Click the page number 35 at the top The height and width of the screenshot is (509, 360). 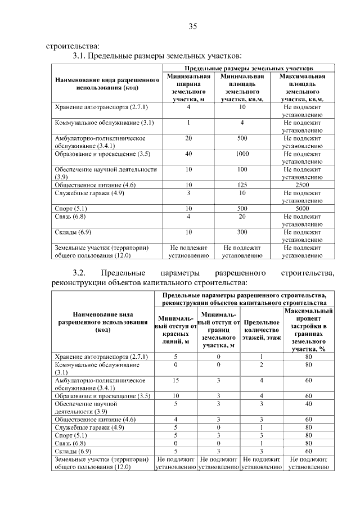tap(192, 26)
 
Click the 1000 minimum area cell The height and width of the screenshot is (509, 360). tap(242, 154)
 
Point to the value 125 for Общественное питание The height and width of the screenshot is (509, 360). tap(242, 184)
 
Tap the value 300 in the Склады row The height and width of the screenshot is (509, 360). tap(242, 231)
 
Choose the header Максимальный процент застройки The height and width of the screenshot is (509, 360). tap(308, 330)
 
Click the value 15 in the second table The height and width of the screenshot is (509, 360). tap(175, 380)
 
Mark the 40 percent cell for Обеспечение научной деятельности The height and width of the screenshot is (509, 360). tap(308, 403)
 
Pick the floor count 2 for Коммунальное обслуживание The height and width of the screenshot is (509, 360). tap(262, 364)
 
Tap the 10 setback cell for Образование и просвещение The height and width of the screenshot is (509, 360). tap(175, 395)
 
